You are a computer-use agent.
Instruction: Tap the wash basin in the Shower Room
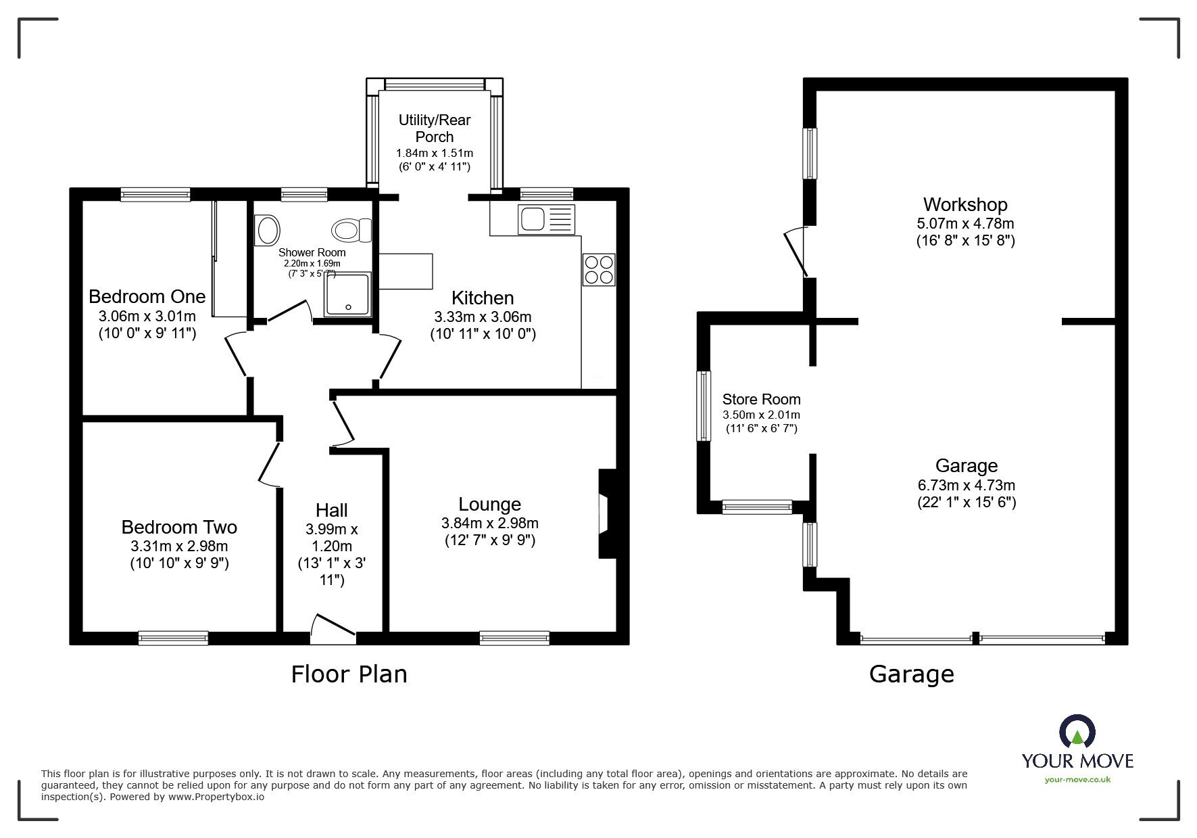pyautogui.click(x=268, y=231)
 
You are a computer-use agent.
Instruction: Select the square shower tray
pyautogui.click(x=347, y=295)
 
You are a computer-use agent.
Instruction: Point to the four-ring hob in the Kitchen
pyautogui.click(x=599, y=269)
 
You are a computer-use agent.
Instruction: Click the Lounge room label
pyautogui.click(x=489, y=504)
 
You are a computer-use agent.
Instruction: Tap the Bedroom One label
pyautogui.click(x=147, y=296)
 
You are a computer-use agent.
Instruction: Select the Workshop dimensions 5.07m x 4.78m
pyautogui.click(x=965, y=223)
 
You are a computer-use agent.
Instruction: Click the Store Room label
pyautogui.click(x=761, y=399)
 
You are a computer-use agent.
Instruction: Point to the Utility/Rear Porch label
pyautogui.click(x=435, y=128)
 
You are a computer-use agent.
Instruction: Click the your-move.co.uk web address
pyautogui.click(x=1077, y=780)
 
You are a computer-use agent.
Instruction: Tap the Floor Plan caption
pyautogui.click(x=349, y=674)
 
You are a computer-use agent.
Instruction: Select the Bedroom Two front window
pyautogui.click(x=173, y=637)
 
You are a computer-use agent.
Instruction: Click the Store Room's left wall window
pyautogui.click(x=704, y=406)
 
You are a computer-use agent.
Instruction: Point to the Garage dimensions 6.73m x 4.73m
pyautogui.click(x=967, y=485)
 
